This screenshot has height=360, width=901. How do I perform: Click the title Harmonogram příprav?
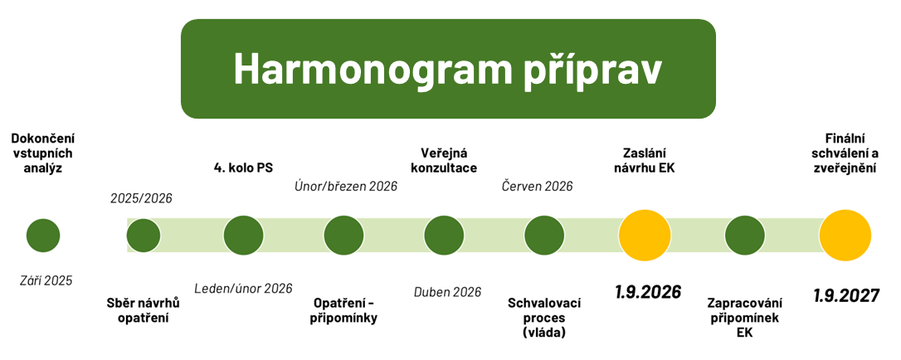[448, 68]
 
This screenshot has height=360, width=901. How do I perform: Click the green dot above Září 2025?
[43, 236]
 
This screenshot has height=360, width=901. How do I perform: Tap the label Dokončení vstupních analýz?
[43, 153]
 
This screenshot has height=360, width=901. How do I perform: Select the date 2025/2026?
[141, 198]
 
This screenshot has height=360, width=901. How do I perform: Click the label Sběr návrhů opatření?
[144, 310]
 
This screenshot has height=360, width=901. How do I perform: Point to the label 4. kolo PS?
[243, 168]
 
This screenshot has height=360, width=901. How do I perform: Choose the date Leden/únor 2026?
[243, 289]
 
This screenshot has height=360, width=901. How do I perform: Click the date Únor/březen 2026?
[346, 186]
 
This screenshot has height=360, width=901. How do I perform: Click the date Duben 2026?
[447, 291]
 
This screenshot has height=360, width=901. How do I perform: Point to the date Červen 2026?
[537, 186]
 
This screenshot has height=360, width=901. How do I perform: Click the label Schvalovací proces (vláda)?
[544, 318]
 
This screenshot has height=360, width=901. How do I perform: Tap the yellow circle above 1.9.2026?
[645, 235]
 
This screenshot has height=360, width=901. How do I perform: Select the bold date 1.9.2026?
[647, 292]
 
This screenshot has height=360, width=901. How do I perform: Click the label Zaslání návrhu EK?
[645, 160]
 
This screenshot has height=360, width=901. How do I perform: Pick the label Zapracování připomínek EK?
[744, 318]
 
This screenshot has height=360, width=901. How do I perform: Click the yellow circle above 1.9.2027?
[845, 235]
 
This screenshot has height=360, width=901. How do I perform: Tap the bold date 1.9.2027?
[846, 295]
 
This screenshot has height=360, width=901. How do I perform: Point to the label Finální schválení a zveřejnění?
[846, 153]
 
